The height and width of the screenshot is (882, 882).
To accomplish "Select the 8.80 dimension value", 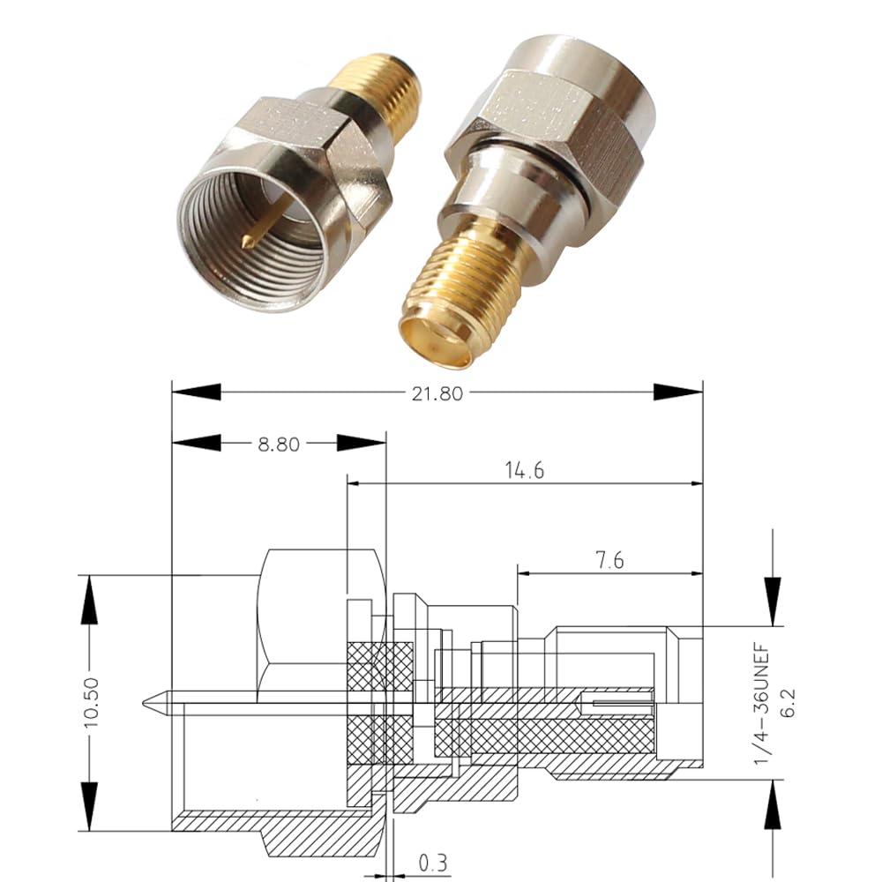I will pos(278,445).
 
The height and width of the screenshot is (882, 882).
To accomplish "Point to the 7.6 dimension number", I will pos(605,561).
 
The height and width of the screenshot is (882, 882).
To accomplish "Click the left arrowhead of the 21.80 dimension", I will pos(196,392).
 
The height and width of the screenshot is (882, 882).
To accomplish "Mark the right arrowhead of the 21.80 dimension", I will pos(677,392).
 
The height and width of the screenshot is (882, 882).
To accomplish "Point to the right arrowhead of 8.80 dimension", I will pos(362,444).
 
